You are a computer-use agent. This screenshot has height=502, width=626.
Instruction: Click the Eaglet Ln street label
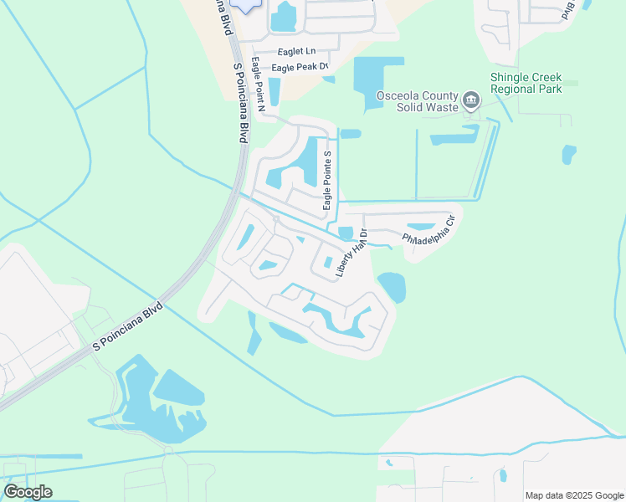295,51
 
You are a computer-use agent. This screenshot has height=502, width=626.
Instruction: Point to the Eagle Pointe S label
329,181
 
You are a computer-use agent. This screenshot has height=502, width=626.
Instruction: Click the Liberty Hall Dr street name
351,253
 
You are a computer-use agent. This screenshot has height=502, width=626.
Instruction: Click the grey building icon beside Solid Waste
470,102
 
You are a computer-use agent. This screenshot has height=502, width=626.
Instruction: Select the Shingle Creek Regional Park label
526,83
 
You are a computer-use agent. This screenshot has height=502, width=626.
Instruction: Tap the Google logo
28,492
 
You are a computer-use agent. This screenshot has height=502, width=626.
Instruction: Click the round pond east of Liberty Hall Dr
392,287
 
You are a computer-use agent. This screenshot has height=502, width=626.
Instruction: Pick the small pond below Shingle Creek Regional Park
569,154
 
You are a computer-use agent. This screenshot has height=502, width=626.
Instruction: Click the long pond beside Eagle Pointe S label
310,161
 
